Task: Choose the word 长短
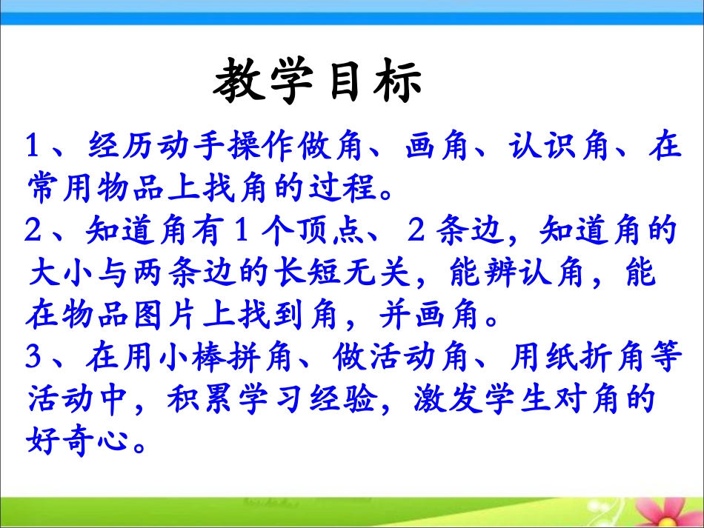pos(299,275)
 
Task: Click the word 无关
pos(367,275)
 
